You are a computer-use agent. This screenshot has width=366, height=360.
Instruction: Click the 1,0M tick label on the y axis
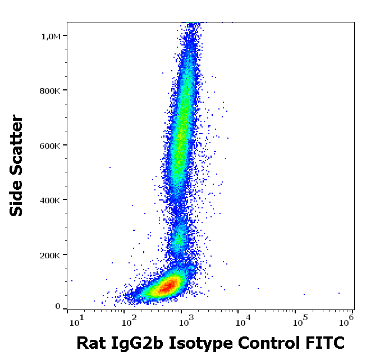(x=52, y=37)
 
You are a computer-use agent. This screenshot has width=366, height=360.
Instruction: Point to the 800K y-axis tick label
(x=52, y=91)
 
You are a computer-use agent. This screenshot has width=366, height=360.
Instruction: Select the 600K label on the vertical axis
(x=52, y=146)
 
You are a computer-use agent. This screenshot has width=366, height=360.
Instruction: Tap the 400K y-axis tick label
(x=52, y=200)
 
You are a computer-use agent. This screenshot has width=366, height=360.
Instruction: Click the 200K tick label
(x=52, y=256)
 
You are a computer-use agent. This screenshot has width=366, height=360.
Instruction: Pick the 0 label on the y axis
(x=58, y=307)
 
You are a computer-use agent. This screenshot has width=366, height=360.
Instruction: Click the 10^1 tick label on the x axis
(x=75, y=321)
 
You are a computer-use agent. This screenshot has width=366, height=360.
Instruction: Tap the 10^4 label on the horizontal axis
(x=243, y=321)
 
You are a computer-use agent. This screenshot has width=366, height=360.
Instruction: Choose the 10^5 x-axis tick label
(x=299, y=321)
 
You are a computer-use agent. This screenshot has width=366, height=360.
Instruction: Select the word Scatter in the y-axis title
(x=17, y=143)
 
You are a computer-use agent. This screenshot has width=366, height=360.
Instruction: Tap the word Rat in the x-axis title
(x=90, y=342)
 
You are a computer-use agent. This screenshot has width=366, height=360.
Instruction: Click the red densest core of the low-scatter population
(x=167, y=287)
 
